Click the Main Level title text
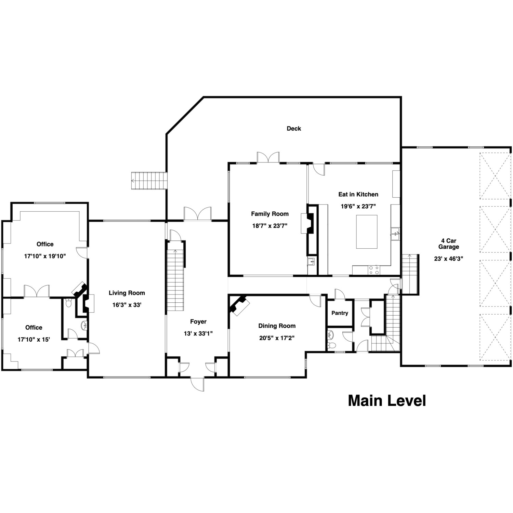click(x=387, y=400)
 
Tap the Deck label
click(x=294, y=129)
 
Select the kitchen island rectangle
click(x=367, y=232)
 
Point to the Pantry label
click(x=340, y=313)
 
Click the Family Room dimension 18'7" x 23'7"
click(x=269, y=226)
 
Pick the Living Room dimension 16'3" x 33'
click(x=127, y=305)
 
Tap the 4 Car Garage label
click(x=448, y=244)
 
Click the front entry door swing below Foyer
click(x=197, y=384)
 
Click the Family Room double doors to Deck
click(x=268, y=158)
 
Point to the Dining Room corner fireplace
click(x=240, y=305)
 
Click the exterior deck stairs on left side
click(x=149, y=181)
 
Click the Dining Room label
click(x=277, y=326)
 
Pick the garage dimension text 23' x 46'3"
click(x=448, y=259)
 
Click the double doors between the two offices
click(x=37, y=291)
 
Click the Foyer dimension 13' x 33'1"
click(x=198, y=333)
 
